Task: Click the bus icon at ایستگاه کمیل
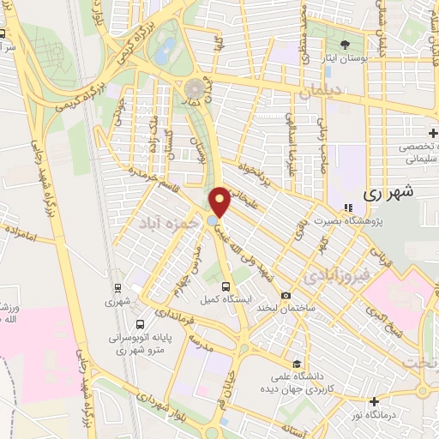click(225, 287)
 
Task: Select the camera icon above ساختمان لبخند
click(300, 292)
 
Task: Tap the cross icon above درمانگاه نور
click(374, 400)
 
